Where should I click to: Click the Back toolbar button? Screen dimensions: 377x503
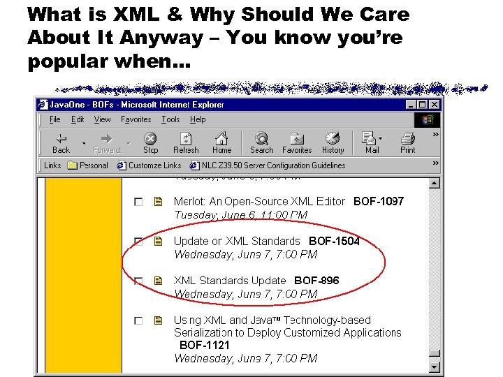pyautogui.click(x=61, y=142)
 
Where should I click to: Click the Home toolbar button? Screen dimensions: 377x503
pyautogui.click(x=221, y=142)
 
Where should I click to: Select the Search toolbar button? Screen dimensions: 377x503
pyautogui.click(x=261, y=142)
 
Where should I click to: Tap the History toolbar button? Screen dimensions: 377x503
pyautogui.click(x=333, y=142)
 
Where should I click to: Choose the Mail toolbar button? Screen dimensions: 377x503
pyautogui.click(x=372, y=142)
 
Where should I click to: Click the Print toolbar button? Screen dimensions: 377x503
pyautogui.click(x=408, y=142)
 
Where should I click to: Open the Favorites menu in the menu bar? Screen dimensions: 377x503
pyautogui.click(x=136, y=119)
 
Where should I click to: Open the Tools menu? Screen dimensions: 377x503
pyautogui.click(x=170, y=119)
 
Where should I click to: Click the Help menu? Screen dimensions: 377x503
pyautogui.click(x=198, y=119)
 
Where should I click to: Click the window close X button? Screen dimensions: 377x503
pyautogui.click(x=435, y=105)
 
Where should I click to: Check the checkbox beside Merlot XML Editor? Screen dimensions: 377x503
pyautogui.click(x=138, y=202)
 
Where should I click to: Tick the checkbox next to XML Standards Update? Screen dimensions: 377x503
pyautogui.click(x=138, y=281)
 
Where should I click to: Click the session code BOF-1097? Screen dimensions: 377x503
pyautogui.click(x=379, y=201)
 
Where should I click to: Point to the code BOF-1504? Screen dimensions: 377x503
pyautogui.click(x=335, y=241)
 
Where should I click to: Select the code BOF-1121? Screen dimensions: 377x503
pyautogui.click(x=205, y=345)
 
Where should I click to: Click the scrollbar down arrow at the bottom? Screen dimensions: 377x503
pyautogui.click(x=435, y=367)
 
